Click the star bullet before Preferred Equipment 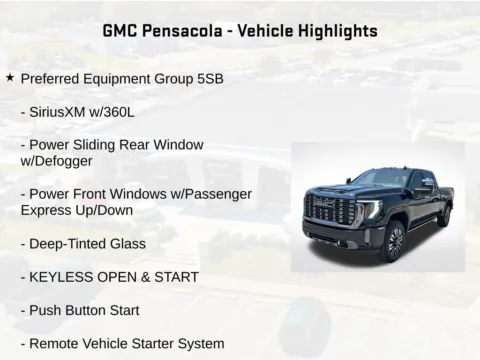[10, 77]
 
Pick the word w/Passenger [212, 194]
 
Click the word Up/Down [111, 210]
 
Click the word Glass [128, 244]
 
